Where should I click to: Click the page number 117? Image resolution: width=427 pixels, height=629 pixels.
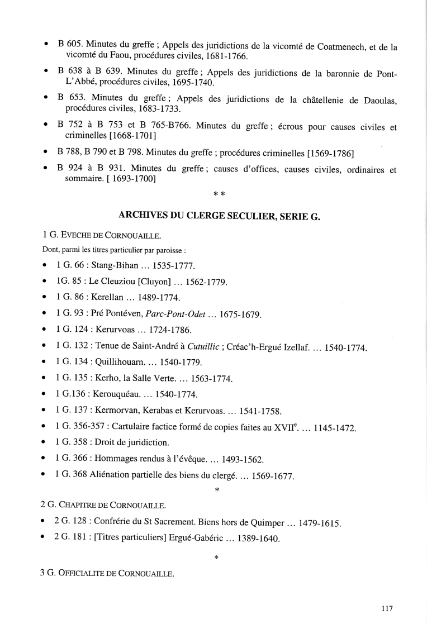(x=387, y=609)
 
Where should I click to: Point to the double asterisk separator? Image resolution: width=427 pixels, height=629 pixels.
(x=219, y=193)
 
